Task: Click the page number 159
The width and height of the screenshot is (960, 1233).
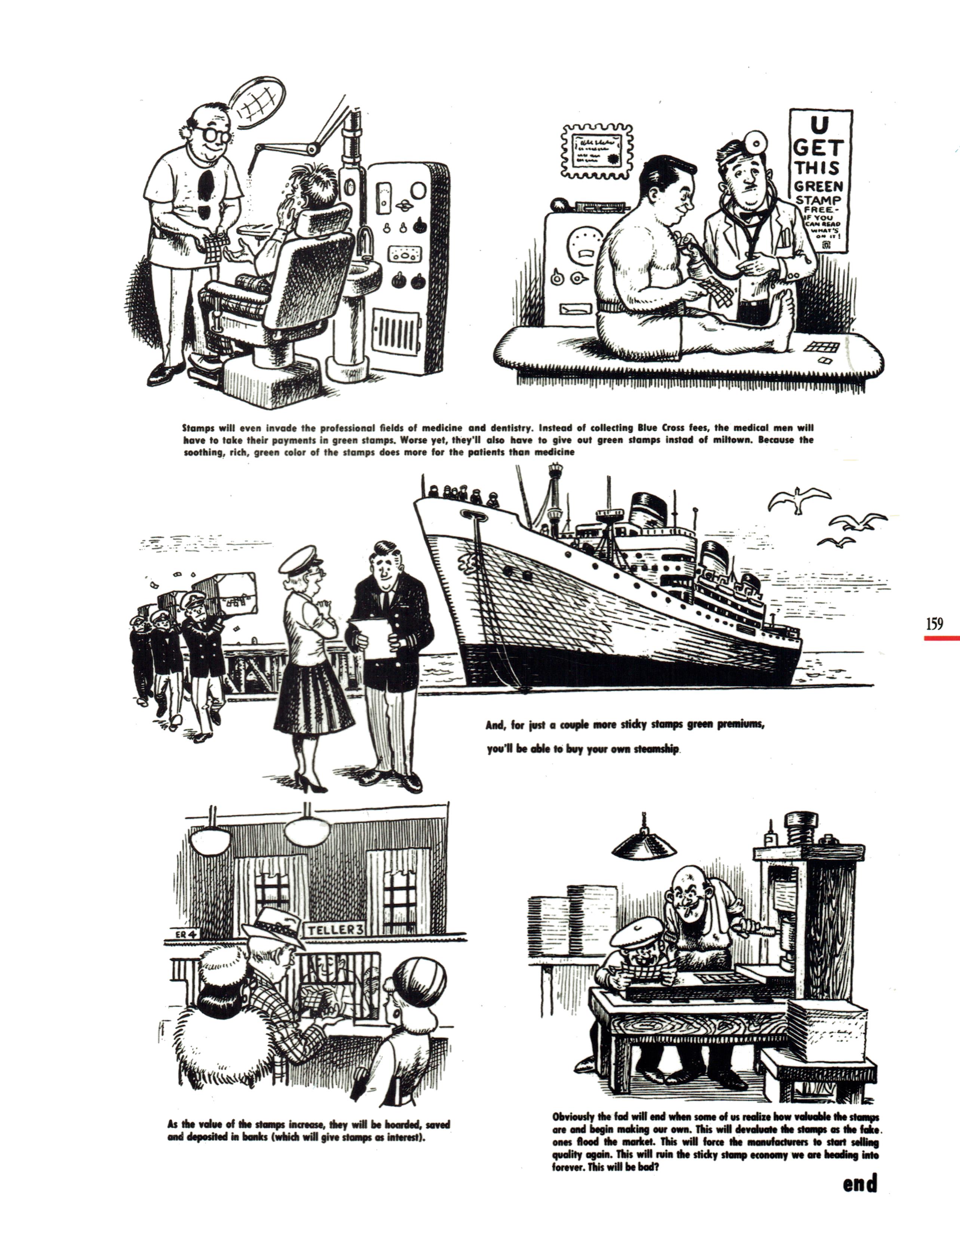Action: [935, 624]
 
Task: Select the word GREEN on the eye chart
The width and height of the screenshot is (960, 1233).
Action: [818, 186]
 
